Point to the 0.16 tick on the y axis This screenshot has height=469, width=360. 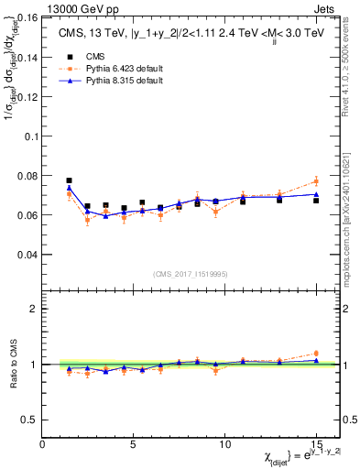(x=27, y=17)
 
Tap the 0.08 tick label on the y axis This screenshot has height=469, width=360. (x=27, y=175)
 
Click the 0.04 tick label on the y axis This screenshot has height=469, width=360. (x=27, y=254)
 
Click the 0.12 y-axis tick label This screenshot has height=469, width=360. (x=27, y=96)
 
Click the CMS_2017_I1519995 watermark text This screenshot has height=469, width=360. (x=191, y=272)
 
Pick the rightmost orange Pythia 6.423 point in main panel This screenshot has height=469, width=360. (x=316, y=181)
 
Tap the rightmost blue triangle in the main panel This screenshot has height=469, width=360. (x=316, y=193)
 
